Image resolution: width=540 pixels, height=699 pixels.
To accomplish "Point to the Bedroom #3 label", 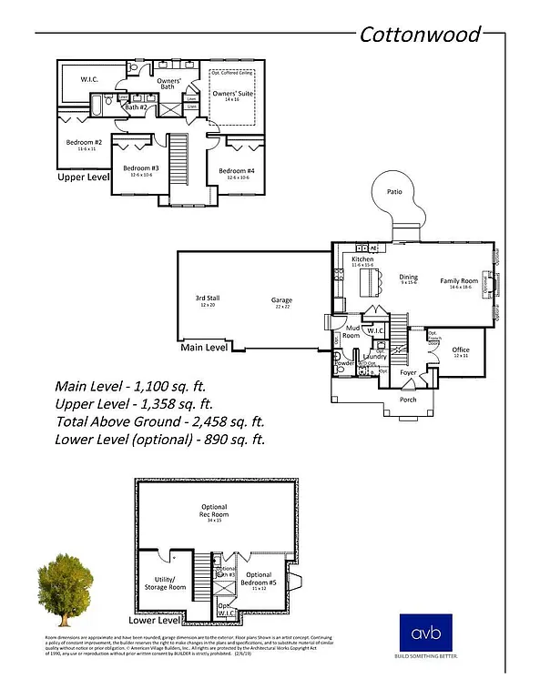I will pyautogui.click(x=141, y=169).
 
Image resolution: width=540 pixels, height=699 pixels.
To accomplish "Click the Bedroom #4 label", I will pyautogui.click(x=236, y=171).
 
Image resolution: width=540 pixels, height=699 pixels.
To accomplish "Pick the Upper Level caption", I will pyautogui.click(x=84, y=177).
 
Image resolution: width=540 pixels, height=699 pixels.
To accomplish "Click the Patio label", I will pyautogui.click(x=393, y=192).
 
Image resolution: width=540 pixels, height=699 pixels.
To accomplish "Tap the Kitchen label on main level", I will pyautogui.click(x=362, y=260).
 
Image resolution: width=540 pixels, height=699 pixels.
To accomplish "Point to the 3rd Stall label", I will pyautogui.click(x=207, y=299).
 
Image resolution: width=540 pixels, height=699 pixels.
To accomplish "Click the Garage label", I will pyautogui.click(x=280, y=300).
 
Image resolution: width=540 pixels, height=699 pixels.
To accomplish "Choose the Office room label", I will pyautogui.click(x=460, y=350).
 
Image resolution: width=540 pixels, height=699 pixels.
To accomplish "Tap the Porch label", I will pyautogui.click(x=407, y=399).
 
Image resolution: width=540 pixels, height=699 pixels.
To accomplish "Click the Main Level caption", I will pyautogui.click(x=204, y=347).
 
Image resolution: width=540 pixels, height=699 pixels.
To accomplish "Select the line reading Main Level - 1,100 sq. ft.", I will pyautogui.click(x=133, y=385).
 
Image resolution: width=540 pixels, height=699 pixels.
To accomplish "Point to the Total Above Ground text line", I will pyautogui.click(x=159, y=421).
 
